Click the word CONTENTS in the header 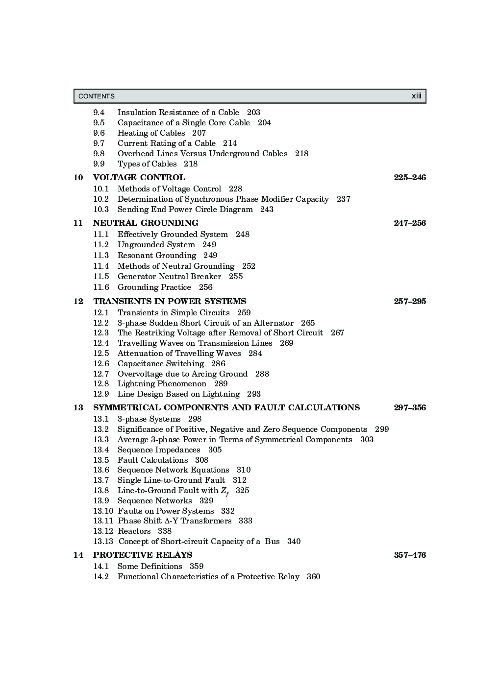(x=97, y=96)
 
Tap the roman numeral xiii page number (x=416, y=96)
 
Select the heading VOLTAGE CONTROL (x=139, y=177)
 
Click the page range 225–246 (x=410, y=177)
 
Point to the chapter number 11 (x=78, y=223)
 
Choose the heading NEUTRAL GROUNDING (x=146, y=223)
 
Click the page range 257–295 (x=410, y=301)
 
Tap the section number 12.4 (x=101, y=343)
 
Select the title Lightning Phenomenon (x=162, y=383)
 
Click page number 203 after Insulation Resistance (x=253, y=112)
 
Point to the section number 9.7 (x=99, y=143)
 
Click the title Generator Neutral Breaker (x=169, y=276)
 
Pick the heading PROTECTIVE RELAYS (x=143, y=555)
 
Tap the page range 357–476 (x=410, y=555)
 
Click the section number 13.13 (x=103, y=541)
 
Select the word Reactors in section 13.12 (x=134, y=531)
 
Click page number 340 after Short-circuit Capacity (x=294, y=541)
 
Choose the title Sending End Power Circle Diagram (x=185, y=209)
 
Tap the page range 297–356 (x=410, y=407)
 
